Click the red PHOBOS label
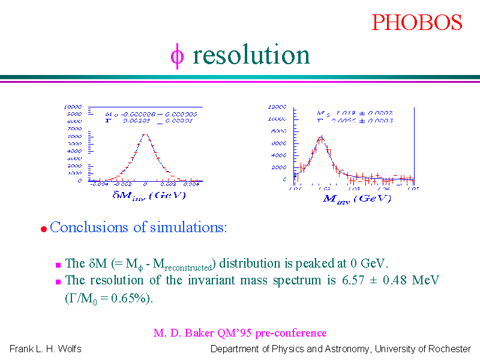point(416,22)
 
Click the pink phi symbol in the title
point(176,55)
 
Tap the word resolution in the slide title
point(251,55)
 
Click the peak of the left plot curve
point(145,134)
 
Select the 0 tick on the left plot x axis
point(145,185)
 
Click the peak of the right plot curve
point(321,138)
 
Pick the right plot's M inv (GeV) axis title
point(356,199)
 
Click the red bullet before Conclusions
point(43,229)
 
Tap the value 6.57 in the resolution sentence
point(349,280)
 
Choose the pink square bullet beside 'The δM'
point(58,264)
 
